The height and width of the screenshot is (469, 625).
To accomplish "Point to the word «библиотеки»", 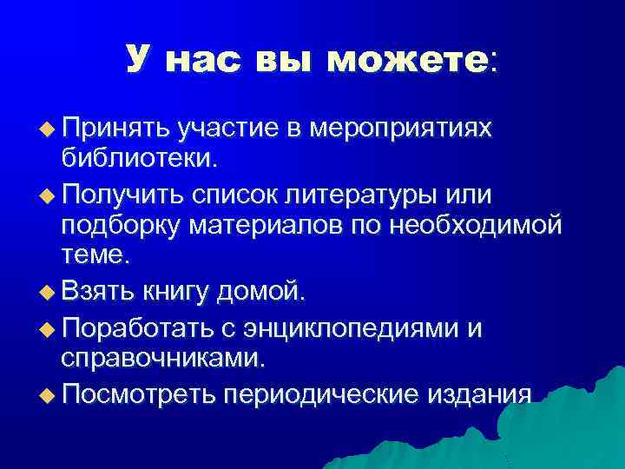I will [x=139, y=160].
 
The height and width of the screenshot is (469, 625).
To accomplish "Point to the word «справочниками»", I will [x=163, y=359].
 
